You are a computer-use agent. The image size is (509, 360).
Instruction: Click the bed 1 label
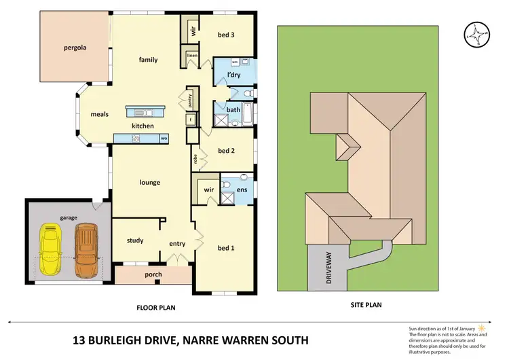click(225, 248)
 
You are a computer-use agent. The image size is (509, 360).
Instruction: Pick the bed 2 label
click(226, 150)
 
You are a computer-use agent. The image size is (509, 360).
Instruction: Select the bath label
click(233, 109)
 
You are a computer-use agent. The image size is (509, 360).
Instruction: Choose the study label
click(135, 240)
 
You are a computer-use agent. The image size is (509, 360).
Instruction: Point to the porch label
click(153, 275)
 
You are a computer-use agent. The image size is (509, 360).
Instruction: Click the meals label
click(100, 114)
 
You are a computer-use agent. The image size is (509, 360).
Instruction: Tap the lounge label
click(149, 182)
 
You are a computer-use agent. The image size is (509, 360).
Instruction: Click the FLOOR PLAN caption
click(156, 308)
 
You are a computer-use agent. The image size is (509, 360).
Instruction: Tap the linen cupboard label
click(192, 56)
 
